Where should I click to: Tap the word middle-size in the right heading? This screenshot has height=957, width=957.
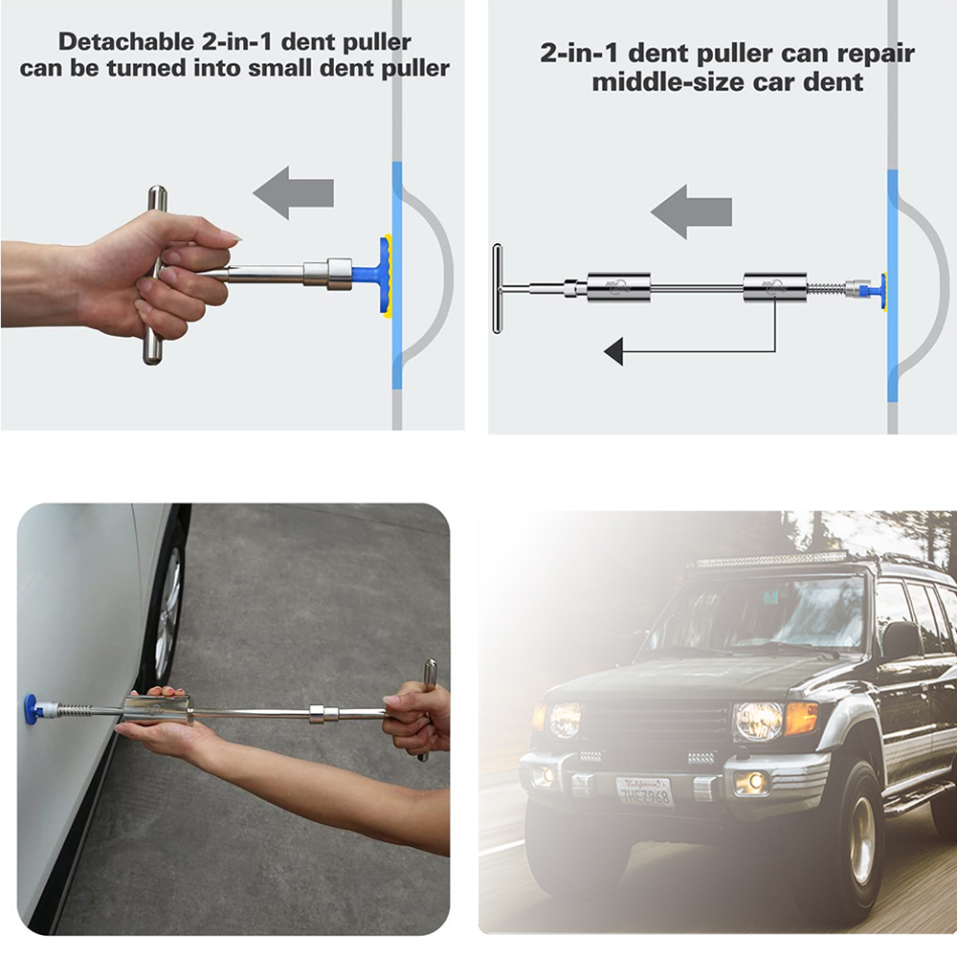click(666, 81)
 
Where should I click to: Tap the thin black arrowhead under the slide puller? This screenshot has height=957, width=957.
click(613, 352)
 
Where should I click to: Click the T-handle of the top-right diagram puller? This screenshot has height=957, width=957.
click(498, 288)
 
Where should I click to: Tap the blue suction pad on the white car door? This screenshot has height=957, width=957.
click(32, 709)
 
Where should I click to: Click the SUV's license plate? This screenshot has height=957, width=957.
click(644, 790)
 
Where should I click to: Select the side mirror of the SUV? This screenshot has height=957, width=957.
click(901, 639)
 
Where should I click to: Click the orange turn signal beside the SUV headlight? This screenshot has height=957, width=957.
click(801, 717)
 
